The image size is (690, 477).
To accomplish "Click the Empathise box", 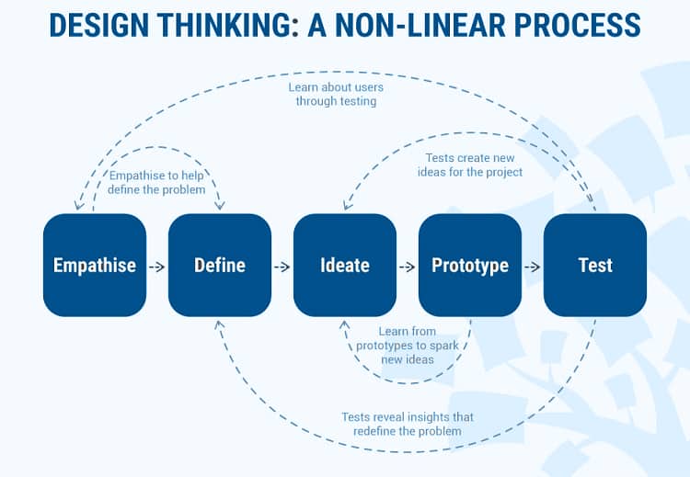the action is coord(95,265).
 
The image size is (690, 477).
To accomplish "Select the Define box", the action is coord(220,265).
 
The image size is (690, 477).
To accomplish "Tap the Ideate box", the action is coord(345,265).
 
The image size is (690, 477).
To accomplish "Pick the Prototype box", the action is coord(470,265).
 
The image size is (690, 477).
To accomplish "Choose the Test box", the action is coord(595,265).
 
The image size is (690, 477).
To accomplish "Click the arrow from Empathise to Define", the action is coord(157,267).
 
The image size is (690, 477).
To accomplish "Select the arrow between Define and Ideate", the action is coord(282,267).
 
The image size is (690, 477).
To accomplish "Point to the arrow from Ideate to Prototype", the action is coord(407,267).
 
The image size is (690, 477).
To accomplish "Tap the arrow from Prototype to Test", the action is coord(533,267).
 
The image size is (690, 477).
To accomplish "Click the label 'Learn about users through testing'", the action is coord(336,94).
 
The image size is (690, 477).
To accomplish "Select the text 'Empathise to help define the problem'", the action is coord(156,183).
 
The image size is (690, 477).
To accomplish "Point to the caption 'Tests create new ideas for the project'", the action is coord(470,165).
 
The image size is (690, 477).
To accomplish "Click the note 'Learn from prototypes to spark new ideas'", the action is coord(408,345).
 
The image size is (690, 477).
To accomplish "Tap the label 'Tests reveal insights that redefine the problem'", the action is coord(408,424).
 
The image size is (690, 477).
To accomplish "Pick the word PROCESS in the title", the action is coord(578,25).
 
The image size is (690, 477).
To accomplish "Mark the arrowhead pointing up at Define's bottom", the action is coord(220,325).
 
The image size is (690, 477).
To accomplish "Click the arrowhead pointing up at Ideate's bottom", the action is coord(345,325).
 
